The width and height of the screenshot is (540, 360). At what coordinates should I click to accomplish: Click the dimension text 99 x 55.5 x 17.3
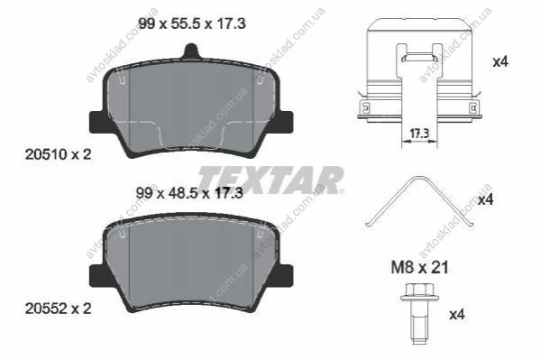(x=192, y=23)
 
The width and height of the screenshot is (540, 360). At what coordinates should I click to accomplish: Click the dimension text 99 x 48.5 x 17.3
(x=189, y=193)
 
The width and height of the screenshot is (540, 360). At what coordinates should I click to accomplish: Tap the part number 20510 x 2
(x=59, y=154)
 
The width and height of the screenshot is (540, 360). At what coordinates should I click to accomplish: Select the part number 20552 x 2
(x=59, y=309)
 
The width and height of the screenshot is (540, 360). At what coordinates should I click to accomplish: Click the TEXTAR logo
(x=270, y=180)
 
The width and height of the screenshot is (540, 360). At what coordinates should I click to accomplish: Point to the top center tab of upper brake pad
(x=191, y=51)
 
